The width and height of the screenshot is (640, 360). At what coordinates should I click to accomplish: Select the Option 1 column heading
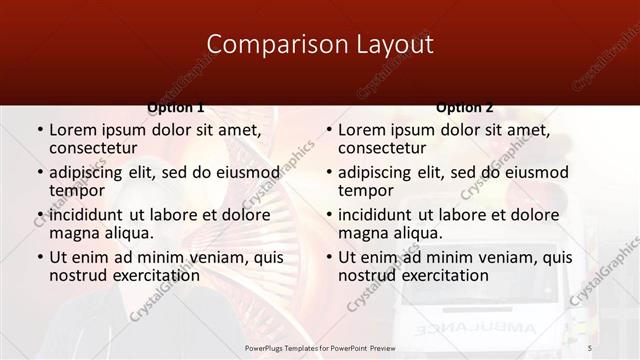coord(176,107)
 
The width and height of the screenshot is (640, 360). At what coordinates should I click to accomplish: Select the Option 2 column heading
coord(465,107)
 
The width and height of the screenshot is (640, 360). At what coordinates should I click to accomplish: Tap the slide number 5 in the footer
coord(589,346)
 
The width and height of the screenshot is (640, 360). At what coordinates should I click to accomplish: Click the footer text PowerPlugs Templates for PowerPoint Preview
coord(319,346)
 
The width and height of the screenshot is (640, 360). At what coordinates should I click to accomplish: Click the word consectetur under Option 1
coord(92,148)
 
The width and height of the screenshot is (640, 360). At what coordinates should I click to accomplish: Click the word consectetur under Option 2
coord(381,148)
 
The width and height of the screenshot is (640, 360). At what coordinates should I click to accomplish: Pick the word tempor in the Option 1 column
coord(77,190)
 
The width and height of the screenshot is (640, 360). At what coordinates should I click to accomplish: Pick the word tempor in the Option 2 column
coord(366,190)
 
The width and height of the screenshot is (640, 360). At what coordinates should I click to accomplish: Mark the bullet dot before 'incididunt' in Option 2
coord(329,215)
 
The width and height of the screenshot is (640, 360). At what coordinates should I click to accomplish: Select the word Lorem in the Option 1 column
coord(73,130)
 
